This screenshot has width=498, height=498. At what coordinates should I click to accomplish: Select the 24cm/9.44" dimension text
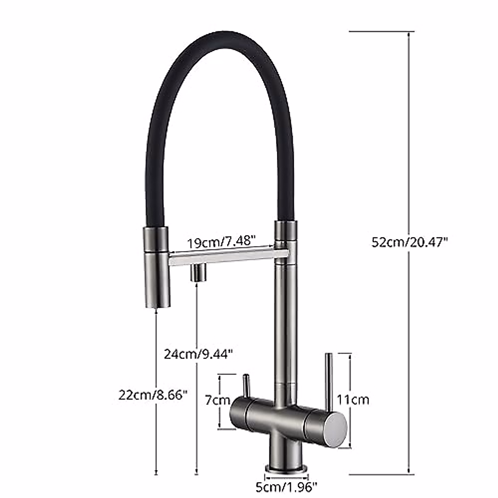click(198, 354)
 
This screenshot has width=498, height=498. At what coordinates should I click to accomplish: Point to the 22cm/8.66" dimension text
click(151, 395)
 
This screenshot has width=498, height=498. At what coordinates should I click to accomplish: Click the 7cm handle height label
click(217, 400)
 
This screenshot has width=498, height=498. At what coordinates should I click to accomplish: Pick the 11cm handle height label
click(353, 400)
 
